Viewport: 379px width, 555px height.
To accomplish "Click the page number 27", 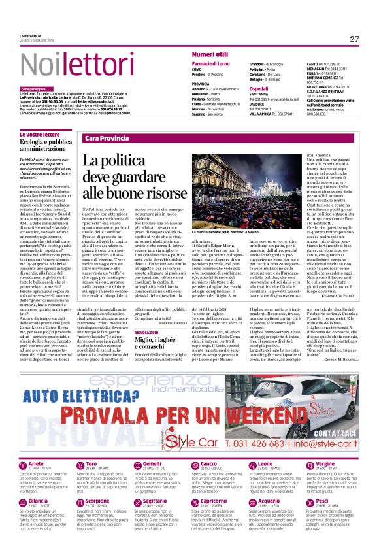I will tap(354, 39).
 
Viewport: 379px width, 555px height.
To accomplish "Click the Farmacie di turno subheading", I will tap(210, 63).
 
